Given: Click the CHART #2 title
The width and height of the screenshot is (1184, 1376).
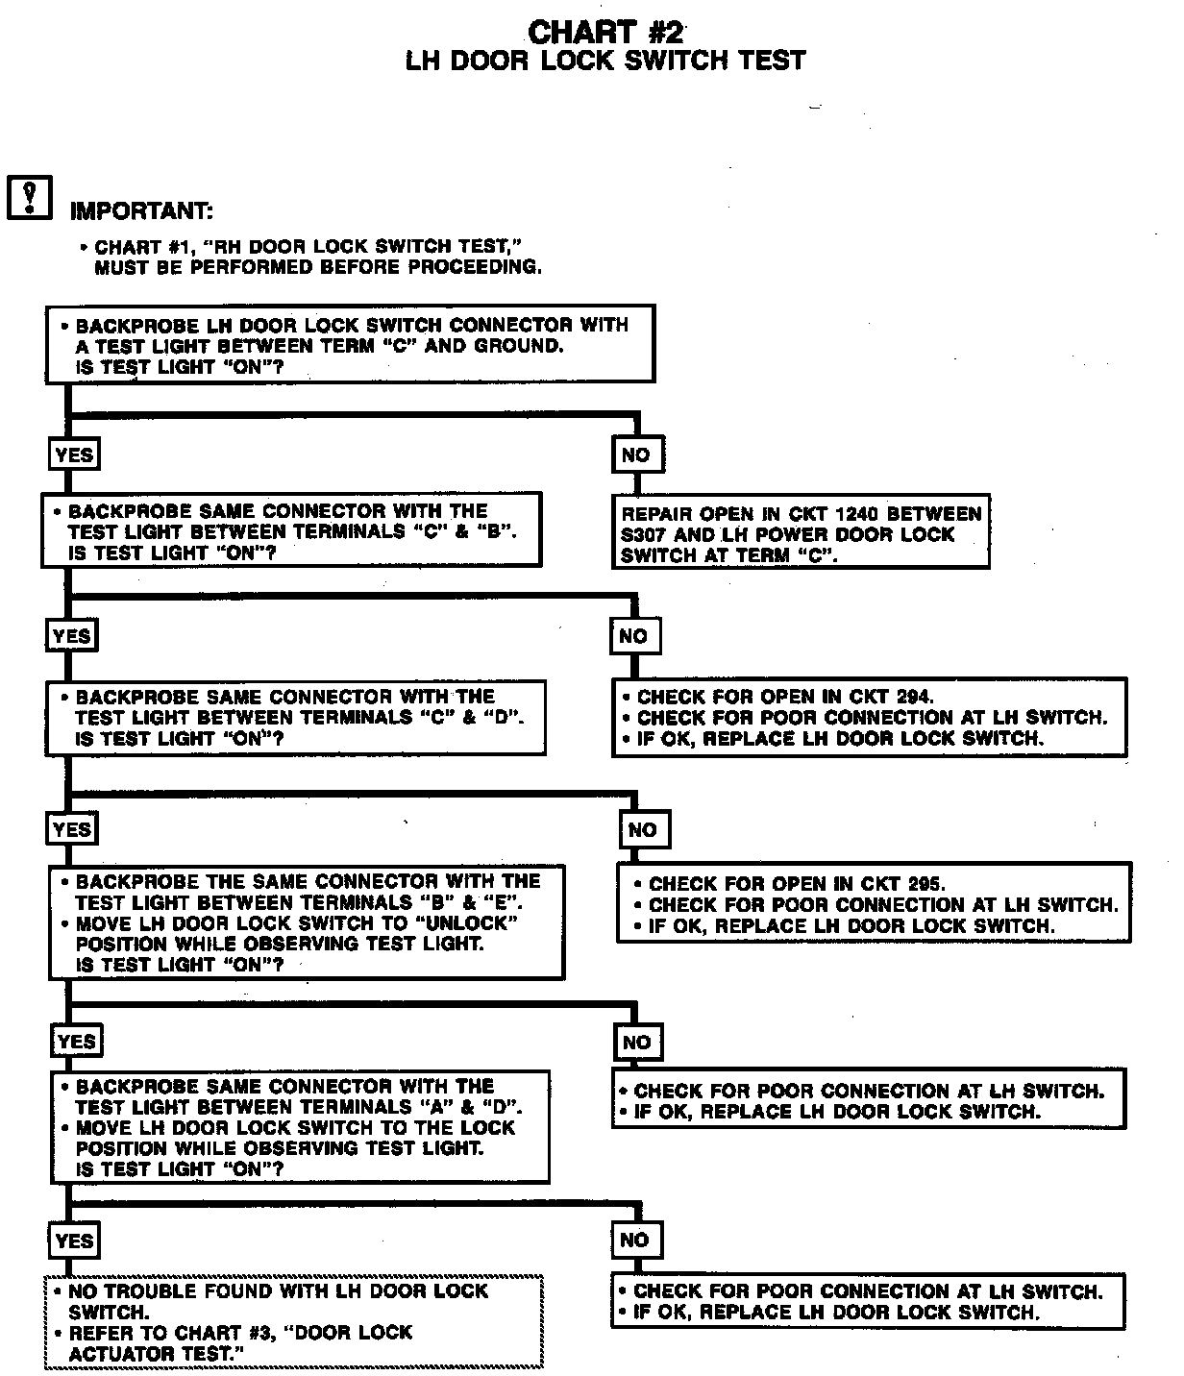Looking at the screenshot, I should (x=605, y=31).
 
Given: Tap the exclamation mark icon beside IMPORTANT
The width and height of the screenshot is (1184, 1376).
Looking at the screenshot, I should (x=30, y=197).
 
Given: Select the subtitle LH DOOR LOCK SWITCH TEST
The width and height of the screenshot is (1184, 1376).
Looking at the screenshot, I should (x=604, y=61).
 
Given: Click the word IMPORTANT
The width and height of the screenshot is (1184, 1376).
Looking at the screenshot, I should (x=141, y=210).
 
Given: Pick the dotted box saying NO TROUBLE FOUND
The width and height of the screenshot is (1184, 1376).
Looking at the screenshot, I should (x=294, y=1322).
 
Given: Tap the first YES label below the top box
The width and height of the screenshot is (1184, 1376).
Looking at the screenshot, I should (x=74, y=455).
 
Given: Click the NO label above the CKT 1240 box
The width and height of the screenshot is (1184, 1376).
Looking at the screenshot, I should (x=636, y=455).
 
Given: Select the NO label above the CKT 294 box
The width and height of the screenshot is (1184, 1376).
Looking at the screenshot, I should (x=633, y=636).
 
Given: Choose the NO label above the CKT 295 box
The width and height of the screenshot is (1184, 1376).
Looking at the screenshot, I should (x=642, y=830).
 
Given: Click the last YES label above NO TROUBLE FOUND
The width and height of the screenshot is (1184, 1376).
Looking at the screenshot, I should (x=74, y=1241).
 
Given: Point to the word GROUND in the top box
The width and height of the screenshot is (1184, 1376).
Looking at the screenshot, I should (x=519, y=346).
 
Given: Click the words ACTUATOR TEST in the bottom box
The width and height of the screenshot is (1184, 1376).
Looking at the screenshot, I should (x=151, y=1354).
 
